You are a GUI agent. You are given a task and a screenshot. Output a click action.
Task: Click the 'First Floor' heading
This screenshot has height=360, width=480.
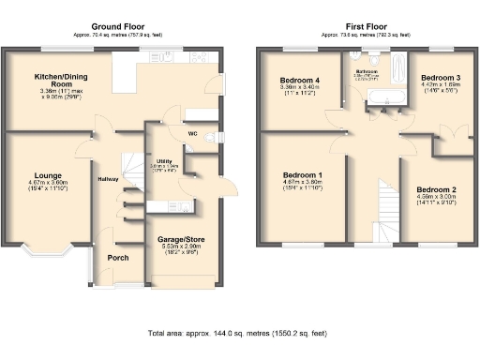tap(364, 26)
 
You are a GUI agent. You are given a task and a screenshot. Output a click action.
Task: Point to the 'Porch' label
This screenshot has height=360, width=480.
tap(118, 258)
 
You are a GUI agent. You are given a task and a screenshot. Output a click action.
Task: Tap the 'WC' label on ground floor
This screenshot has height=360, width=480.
tap(191, 133)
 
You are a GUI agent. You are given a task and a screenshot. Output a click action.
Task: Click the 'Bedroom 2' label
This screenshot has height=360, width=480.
tap(436, 189)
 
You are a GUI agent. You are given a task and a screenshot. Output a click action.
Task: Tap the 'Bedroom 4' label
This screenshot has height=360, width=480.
tap(301, 81)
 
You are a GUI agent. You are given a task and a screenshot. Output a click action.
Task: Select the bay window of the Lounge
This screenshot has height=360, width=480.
tap(46, 250)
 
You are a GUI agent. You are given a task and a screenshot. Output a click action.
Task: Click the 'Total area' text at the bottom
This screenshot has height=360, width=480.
tap(238, 334)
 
